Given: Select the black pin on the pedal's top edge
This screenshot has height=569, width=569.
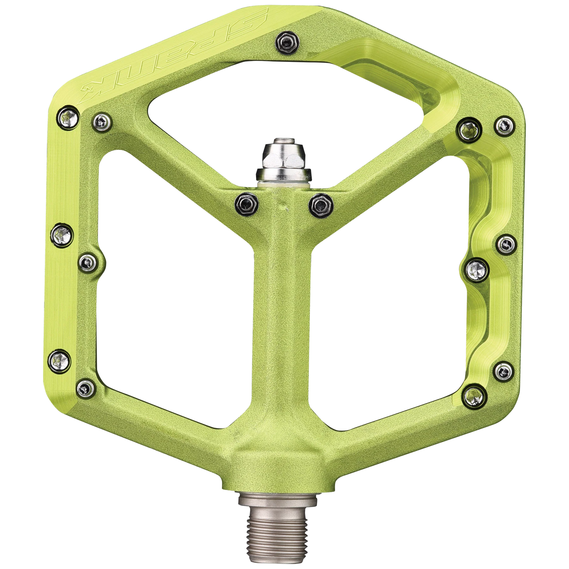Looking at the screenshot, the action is pyautogui.click(x=287, y=42).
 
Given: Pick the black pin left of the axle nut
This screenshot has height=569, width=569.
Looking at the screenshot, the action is pyautogui.click(x=247, y=204).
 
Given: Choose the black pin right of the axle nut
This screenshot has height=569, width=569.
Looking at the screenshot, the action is pyautogui.click(x=321, y=205).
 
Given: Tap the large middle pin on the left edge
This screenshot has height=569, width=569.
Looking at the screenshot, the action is pyautogui.click(x=62, y=236).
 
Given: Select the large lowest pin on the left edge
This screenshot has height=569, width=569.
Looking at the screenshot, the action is pyautogui.click(x=59, y=361).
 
